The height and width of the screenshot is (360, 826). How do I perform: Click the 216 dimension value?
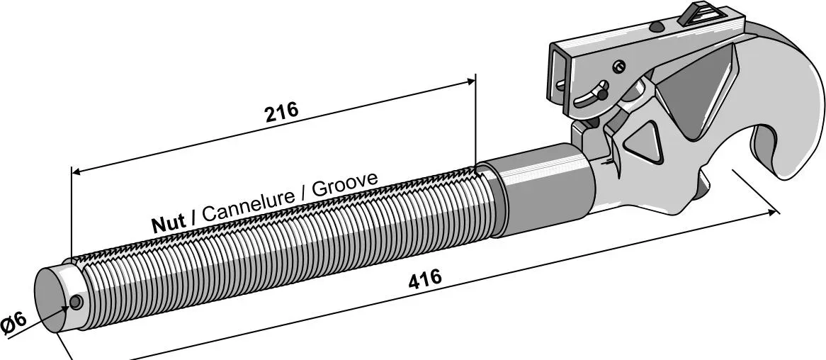point(281,111)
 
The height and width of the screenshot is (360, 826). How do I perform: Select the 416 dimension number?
point(424,278)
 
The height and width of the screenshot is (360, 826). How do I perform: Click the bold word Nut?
point(169,223)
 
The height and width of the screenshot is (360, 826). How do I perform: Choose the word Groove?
point(344,184)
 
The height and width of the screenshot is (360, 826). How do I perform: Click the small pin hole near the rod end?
point(77,303)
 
